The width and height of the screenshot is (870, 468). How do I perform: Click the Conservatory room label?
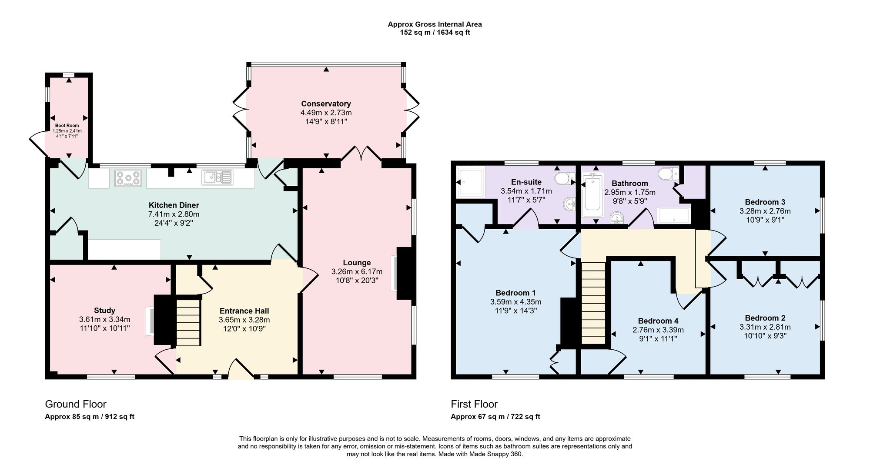pyautogui.click(x=326, y=104)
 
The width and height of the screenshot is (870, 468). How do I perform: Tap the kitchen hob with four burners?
pyautogui.click(x=128, y=178)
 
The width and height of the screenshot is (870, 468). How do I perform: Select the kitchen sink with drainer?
pyautogui.click(x=217, y=177)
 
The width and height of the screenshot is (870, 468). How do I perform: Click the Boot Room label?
pyautogui.click(x=67, y=125)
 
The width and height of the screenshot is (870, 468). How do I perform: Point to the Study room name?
pyautogui.click(x=104, y=311)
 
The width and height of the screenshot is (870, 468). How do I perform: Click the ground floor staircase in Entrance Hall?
pyautogui.click(x=188, y=321)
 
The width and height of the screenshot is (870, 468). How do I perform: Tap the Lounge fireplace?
pyautogui.click(x=403, y=273)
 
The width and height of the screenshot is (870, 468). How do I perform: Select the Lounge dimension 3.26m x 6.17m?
pyautogui.click(x=357, y=271)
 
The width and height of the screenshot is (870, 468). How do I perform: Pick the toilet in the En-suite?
pyautogui.click(x=564, y=178)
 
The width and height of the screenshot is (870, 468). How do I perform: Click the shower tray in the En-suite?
pyautogui.click(x=470, y=182)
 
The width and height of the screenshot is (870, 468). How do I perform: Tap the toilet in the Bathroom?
pyautogui.click(x=668, y=174)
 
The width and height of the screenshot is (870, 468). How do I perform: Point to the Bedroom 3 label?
pyautogui.click(x=765, y=202)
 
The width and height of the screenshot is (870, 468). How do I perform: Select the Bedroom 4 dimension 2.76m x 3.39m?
pyautogui.click(x=658, y=330)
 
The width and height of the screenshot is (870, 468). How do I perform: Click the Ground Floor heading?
pyautogui.click(x=76, y=404)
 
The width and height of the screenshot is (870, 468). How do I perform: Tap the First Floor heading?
pyautogui.click(x=474, y=404)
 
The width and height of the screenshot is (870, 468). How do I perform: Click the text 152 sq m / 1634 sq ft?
pyautogui.click(x=435, y=33)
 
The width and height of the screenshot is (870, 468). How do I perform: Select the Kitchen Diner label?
pyautogui.click(x=174, y=205)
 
